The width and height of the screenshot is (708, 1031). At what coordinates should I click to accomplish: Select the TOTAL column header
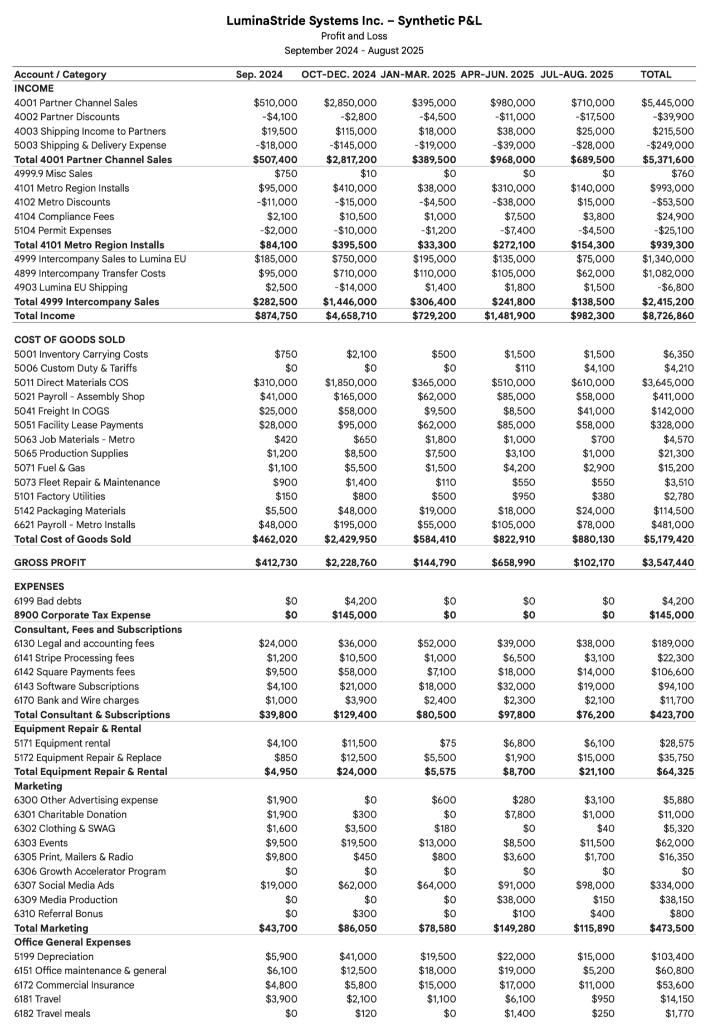[656, 74]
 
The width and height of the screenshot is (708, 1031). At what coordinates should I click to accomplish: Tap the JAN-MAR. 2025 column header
[418, 74]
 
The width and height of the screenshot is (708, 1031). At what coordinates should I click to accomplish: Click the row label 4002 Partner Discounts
[67, 117]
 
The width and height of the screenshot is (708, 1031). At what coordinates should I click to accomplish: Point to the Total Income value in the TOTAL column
[668, 316]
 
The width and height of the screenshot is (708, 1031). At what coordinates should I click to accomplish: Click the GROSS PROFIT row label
[50, 562]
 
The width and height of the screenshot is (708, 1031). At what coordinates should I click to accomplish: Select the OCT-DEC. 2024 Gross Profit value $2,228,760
[351, 562]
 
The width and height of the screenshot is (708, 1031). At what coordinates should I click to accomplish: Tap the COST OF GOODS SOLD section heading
[70, 339]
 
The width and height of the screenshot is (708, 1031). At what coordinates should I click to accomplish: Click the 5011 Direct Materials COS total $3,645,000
[668, 382]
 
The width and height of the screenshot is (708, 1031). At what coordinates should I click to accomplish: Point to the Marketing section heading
[38, 786]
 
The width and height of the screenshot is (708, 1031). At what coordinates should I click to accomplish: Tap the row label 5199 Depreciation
[54, 956]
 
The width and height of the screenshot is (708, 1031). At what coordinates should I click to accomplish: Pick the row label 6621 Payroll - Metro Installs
[75, 524]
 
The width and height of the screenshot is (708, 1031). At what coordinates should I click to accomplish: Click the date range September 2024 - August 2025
[354, 51]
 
